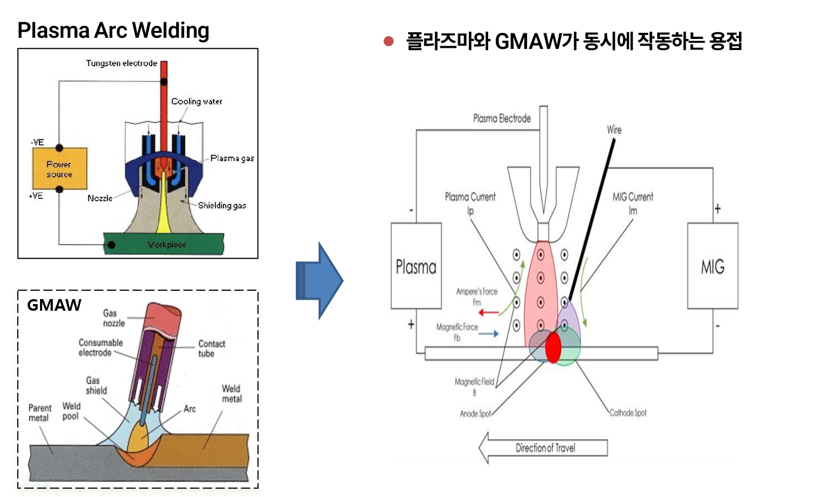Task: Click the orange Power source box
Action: (59, 169)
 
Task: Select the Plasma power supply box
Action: (416, 266)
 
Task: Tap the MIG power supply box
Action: (712, 266)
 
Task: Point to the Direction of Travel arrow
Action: (543, 448)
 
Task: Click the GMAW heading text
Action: (54, 305)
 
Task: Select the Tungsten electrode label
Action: (121, 63)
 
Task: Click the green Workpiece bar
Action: (164, 244)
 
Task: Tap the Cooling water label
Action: (196, 101)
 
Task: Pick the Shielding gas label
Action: (222, 205)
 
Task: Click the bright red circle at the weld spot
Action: (553, 348)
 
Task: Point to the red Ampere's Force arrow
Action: (489, 312)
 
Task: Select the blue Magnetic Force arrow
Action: (488, 334)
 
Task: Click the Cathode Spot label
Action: (628, 412)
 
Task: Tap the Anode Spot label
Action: (475, 414)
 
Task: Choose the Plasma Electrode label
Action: (502, 118)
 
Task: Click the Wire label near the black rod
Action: (614, 130)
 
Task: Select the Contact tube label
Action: (211, 349)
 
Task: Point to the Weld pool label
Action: (71, 411)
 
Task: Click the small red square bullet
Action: (389, 41)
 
